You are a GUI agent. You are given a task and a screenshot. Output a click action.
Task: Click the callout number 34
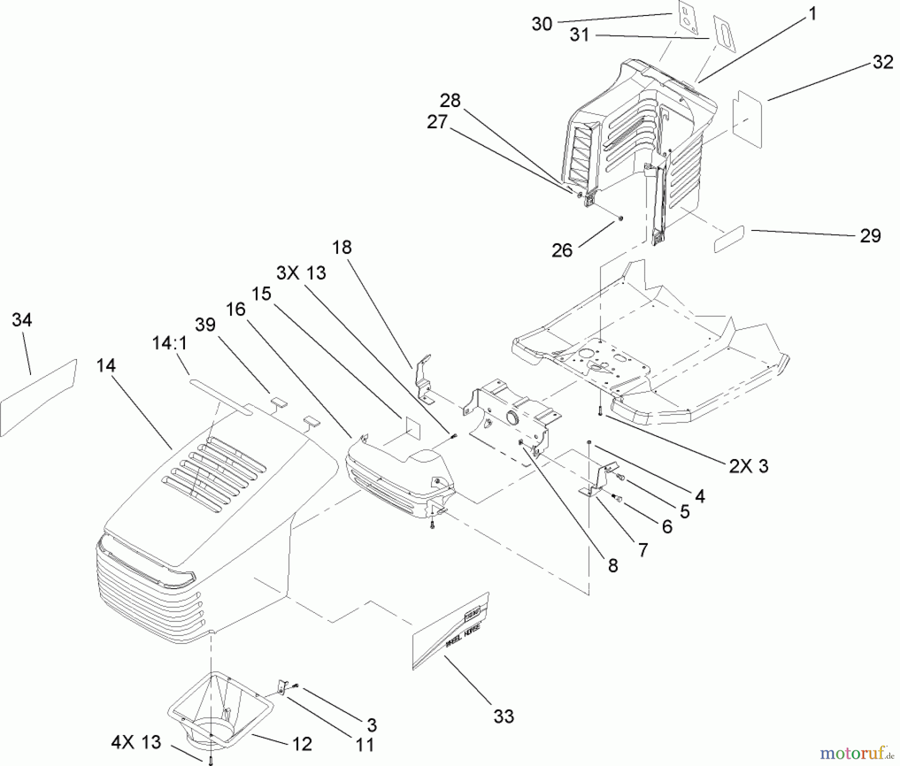click(21, 319)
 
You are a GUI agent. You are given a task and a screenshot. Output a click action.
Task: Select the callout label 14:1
click(169, 343)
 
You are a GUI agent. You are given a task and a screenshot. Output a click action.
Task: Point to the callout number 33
click(503, 716)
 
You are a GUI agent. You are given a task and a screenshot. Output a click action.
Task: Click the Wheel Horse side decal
click(450, 631)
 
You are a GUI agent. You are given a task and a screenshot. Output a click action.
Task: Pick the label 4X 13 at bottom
click(136, 742)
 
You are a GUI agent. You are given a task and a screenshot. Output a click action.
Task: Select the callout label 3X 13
click(301, 273)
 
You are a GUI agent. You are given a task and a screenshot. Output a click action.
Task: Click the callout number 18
click(342, 247)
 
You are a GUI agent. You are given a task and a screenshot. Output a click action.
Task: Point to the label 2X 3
click(748, 466)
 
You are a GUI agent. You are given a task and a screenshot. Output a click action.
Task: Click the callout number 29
click(870, 235)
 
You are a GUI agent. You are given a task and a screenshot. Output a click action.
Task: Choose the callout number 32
click(882, 62)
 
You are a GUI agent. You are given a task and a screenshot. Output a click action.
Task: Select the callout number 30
click(541, 23)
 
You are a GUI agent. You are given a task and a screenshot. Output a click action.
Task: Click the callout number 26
click(561, 250)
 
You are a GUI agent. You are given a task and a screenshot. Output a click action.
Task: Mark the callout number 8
click(613, 565)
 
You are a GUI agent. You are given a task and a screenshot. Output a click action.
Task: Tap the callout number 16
click(235, 309)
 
